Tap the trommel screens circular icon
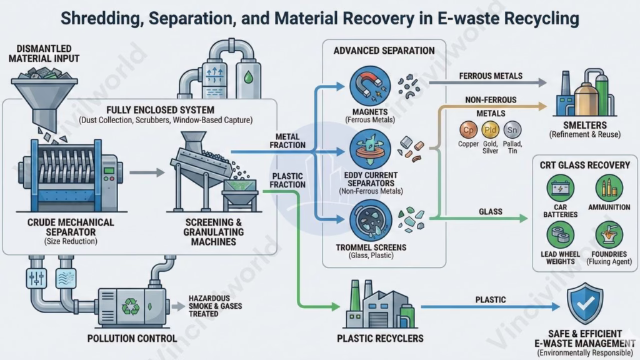(x=367, y=219)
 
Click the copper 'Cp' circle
(x=468, y=130)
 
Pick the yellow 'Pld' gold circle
(x=491, y=130)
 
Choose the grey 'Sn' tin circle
(x=512, y=130)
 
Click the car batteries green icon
(x=561, y=187)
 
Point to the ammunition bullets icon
(x=609, y=187)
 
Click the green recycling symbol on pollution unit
(x=131, y=306)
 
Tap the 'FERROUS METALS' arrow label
(x=490, y=76)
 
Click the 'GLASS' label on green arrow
(x=491, y=212)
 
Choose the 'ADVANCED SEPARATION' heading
(x=384, y=51)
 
